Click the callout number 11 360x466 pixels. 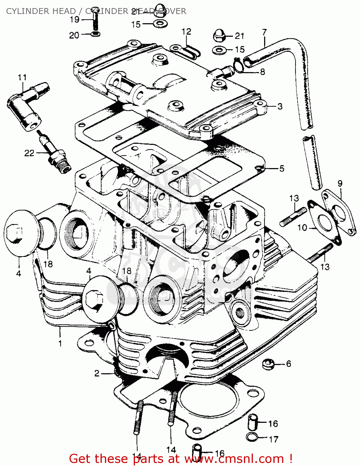coord(22,77)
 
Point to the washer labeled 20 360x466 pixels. coord(96,33)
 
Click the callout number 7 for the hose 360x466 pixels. coord(264,32)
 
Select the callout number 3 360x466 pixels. coord(280,106)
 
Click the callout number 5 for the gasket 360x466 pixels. coord(281,168)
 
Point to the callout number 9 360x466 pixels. coord(340,183)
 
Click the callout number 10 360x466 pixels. coord(302,228)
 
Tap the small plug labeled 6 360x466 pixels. coord(268,364)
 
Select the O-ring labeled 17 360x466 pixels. coord(252,437)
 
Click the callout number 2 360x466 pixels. coord(97,373)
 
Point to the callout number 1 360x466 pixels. coord(60,343)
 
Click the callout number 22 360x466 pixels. coord(29,153)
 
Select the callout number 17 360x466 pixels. coord(273,439)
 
